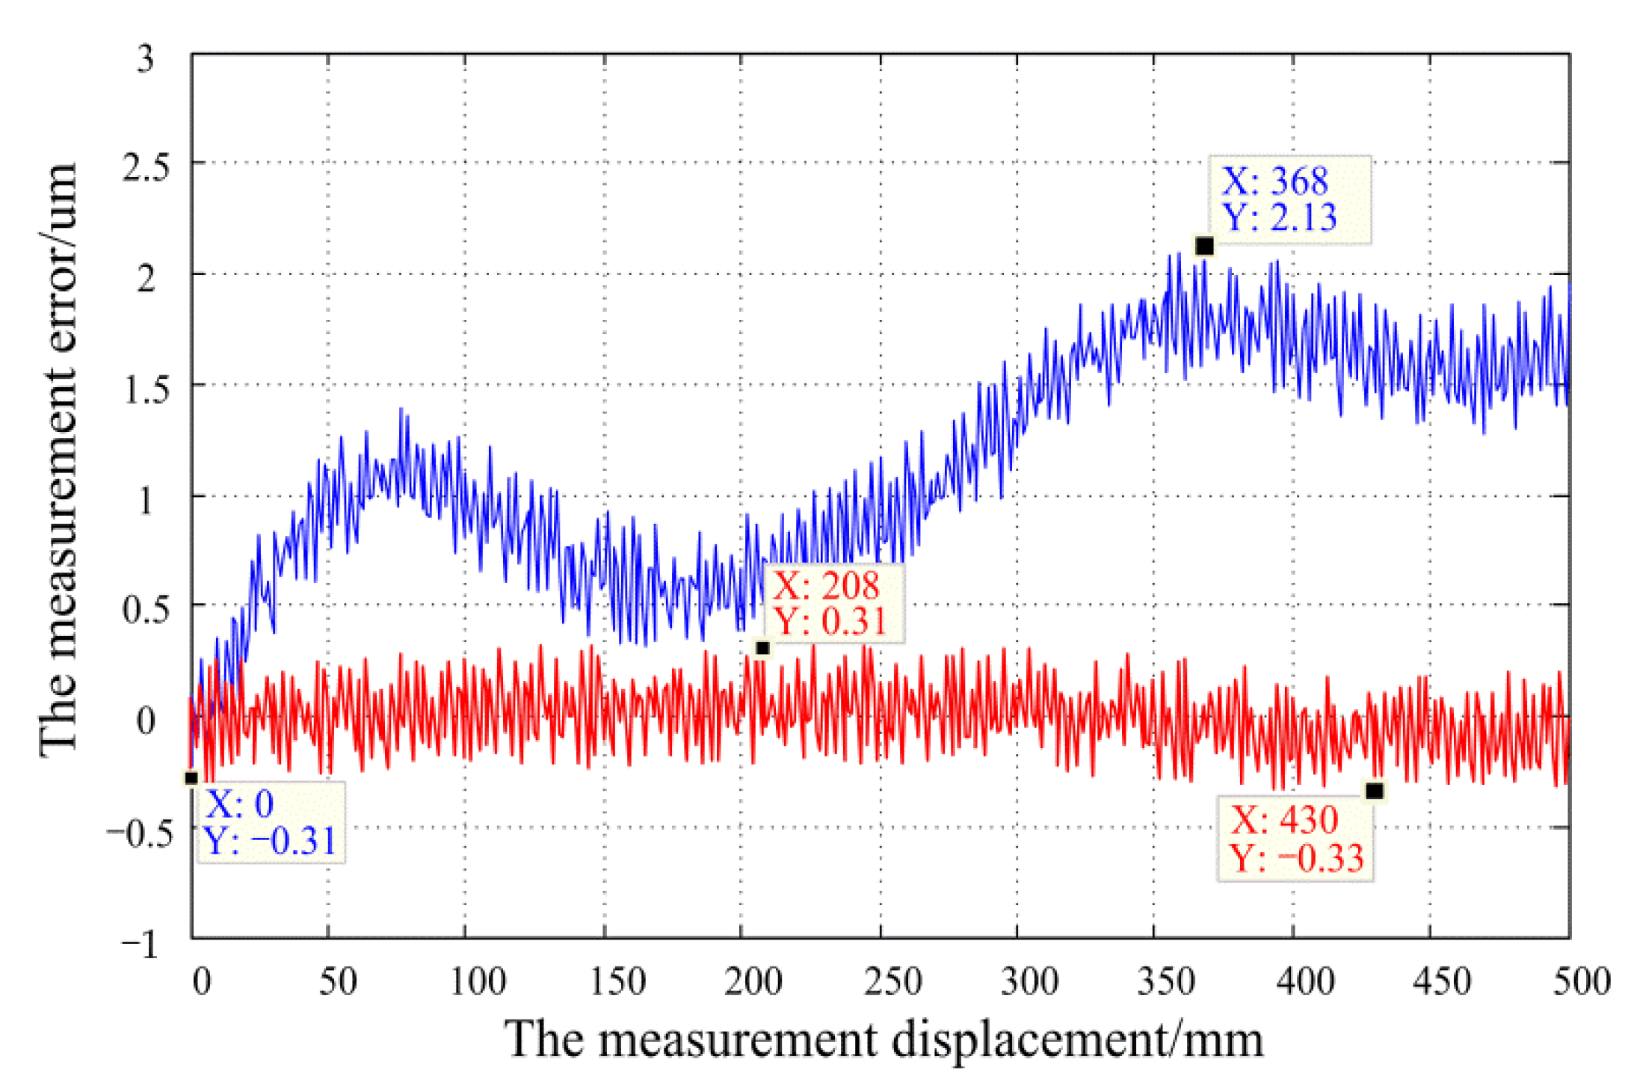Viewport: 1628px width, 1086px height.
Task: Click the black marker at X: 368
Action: [1203, 246]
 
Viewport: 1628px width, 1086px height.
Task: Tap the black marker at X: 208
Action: [762, 648]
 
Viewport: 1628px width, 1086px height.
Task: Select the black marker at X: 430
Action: [1374, 791]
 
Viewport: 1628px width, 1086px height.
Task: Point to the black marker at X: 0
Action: [191, 778]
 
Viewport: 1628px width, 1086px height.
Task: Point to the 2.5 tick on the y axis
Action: [146, 166]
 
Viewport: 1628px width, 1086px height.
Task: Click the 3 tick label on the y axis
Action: [146, 58]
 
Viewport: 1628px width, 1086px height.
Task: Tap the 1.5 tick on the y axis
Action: [146, 388]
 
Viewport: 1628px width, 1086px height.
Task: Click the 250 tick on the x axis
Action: [892, 981]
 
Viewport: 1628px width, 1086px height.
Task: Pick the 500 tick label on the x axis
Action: [1580, 981]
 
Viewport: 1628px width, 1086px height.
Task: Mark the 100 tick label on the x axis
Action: [478, 981]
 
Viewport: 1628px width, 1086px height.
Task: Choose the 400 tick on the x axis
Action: [1305, 981]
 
